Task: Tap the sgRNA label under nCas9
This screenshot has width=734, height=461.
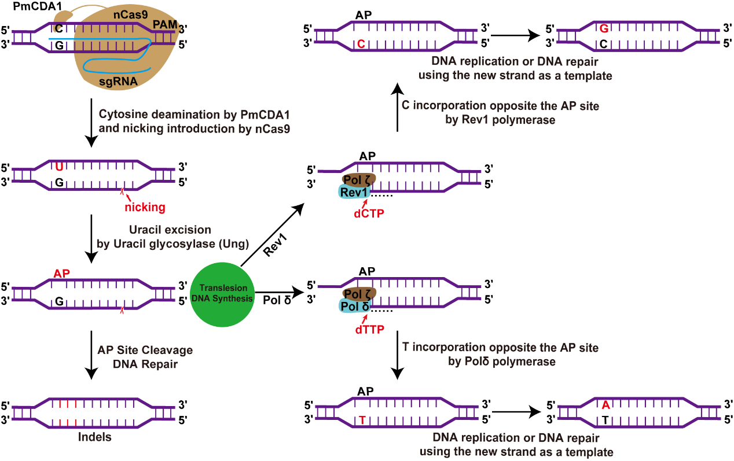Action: coord(118,82)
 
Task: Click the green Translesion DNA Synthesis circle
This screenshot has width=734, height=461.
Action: coord(222,293)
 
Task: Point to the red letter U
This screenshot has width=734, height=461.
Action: coord(59,167)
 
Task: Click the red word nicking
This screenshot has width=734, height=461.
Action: coord(145,206)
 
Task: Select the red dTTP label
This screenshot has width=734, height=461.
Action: coord(369,330)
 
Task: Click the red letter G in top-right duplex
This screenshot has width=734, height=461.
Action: coord(604,28)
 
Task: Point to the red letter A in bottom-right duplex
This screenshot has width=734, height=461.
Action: coord(605,405)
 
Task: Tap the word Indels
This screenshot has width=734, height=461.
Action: coord(94,437)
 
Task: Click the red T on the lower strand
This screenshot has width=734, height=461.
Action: coord(362,420)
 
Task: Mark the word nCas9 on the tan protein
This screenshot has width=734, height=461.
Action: coord(126,17)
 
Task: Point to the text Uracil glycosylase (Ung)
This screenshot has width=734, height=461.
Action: coord(172,245)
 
